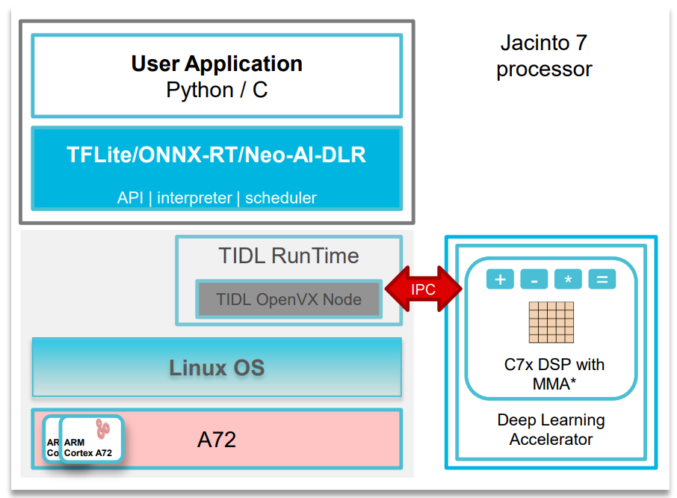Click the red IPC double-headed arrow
[x=423, y=288]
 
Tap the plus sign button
[x=500, y=280]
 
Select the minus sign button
[x=534, y=280]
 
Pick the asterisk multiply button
[x=568, y=280]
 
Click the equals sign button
[x=602, y=280]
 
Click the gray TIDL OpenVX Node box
[x=288, y=300]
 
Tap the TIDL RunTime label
[x=288, y=256]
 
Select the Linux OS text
[x=217, y=368]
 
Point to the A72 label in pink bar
[x=217, y=440]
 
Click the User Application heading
[x=217, y=64]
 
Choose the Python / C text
[x=217, y=90]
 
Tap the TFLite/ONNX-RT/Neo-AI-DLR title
[x=217, y=156]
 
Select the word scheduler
[x=281, y=198]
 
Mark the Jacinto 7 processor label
[x=544, y=56]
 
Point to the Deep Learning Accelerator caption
[x=551, y=429]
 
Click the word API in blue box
[x=131, y=198]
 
